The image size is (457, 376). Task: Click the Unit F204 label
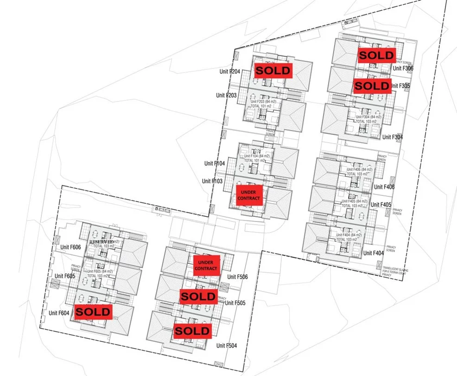pyautogui.click(x=229, y=72)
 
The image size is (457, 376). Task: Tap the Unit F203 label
pyautogui.click(x=226, y=95)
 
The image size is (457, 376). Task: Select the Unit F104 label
pyautogui.click(x=214, y=163)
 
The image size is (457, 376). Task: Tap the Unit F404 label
pyautogui.click(x=374, y=253)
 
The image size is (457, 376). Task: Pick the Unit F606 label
pyautogui.click(x=70, y=247)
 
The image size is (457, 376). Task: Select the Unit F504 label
pyautogui.click(x=227, y=346)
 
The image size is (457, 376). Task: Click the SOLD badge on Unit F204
pyautogui.click(x=273, y=71)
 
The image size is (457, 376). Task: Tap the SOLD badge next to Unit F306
pyautogui.click(x=377, y=55)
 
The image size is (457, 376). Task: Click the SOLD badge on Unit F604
pyautogui.click(x=93, y=312)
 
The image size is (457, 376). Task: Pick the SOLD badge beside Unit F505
pyautogui.click(x=198, y=296)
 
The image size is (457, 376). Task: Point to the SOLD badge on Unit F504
pyautogui.click(x=192, y=331)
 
